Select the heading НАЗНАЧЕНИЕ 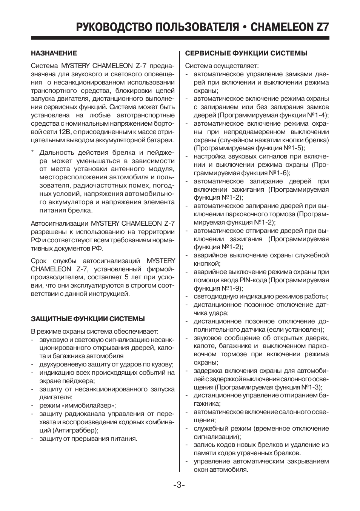[54, 53]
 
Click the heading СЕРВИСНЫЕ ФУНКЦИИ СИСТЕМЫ [246, 53]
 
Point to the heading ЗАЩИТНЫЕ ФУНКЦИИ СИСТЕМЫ [88, 319]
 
